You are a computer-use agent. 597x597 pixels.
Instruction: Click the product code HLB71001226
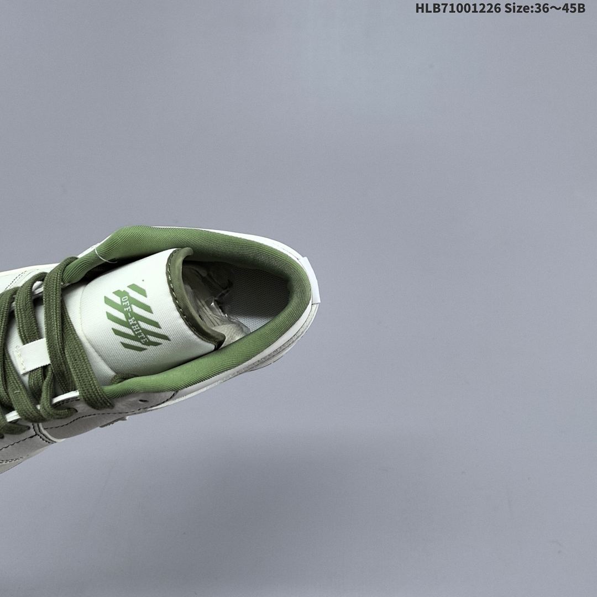[458, 8]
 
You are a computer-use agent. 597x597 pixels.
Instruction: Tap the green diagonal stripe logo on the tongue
[137, 317]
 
